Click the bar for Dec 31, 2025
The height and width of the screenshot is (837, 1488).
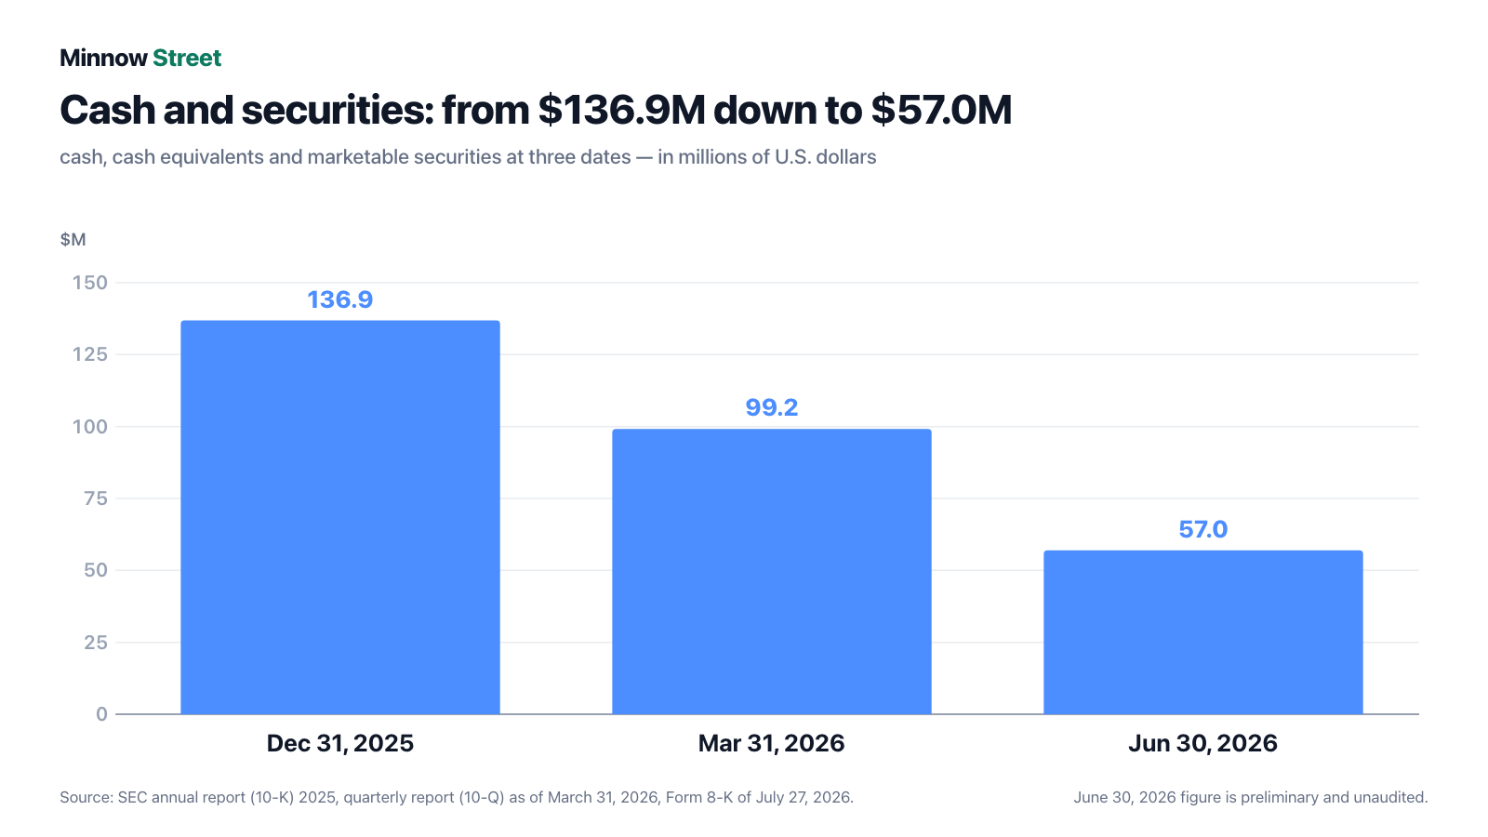pos(340,517)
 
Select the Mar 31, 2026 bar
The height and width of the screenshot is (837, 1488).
pos(771,572)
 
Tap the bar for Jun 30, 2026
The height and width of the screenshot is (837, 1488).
pos(1203,632)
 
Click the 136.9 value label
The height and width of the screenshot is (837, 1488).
pos(340,299)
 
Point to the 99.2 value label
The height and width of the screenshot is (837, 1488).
pos(771,407)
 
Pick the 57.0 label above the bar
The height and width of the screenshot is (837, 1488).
pos(1203,529)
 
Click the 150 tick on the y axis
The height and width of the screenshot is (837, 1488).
pos(89,283)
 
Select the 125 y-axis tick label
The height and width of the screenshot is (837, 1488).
pos(89,354)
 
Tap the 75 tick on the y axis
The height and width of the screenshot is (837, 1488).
pos(96,498)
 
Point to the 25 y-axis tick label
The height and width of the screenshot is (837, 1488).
pos(96,643)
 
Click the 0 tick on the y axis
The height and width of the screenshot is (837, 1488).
pos(101,714)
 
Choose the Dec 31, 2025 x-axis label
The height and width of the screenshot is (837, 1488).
pos(340,743)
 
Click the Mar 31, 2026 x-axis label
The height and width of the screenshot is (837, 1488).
pos(771,743)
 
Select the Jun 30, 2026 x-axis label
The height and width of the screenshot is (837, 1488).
pos(1203,743)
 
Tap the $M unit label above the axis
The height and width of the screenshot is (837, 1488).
pos(73,240)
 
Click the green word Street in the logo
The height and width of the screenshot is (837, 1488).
pos(187,59)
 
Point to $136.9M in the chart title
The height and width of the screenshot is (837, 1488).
pos(621,110)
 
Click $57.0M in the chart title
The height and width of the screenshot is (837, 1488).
pos(941,110)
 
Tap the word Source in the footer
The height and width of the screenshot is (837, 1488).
pos(86,797)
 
